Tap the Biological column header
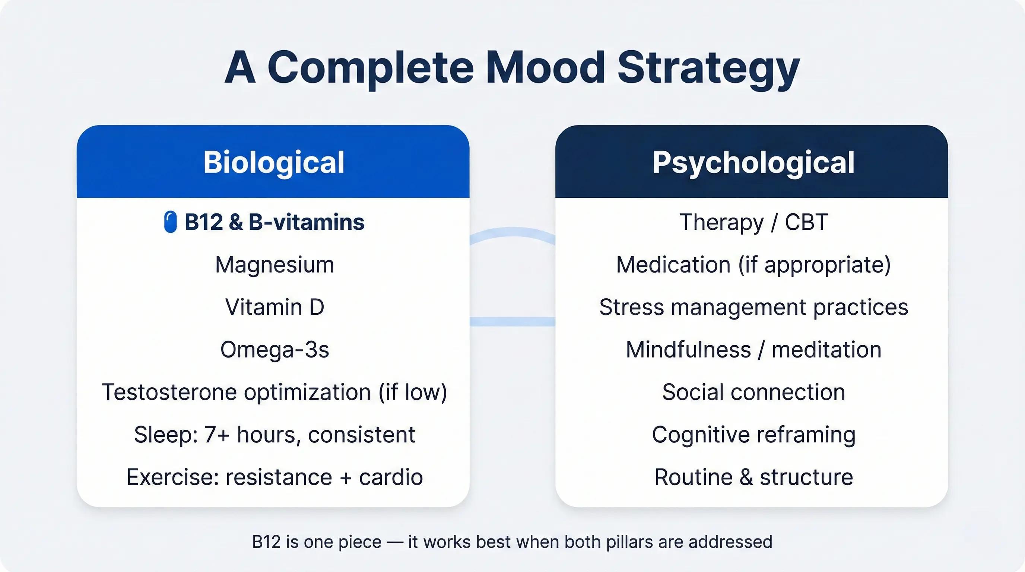(274, 162)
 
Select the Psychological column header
(753, 163)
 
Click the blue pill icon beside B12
(170, 222)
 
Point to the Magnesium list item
(275, 265)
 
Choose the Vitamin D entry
(275, 308)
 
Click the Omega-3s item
(275, 350)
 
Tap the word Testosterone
(169, 392)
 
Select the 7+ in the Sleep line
(217, 435)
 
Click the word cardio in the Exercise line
(391, 477)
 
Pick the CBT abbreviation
(806, 222)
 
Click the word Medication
(673, 265)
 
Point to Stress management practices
(753, 308)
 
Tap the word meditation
(826, 350)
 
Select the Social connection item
(753, 392)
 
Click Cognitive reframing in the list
(753, 435)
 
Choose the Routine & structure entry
(753, 477)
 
